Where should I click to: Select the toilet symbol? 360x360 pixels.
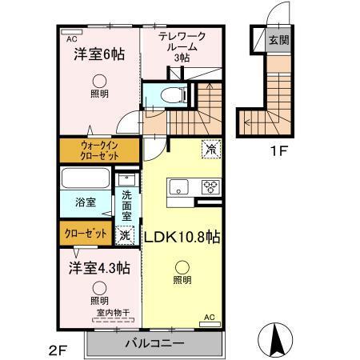point(171,94)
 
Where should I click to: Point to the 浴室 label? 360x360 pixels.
point(86,202)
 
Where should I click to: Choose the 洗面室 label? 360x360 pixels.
point(126,206)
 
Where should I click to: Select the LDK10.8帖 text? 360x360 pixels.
point(183,237)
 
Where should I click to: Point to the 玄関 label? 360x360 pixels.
point(278,40)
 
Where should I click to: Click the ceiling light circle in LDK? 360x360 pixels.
point(182,268)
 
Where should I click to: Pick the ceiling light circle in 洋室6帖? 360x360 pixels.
point(98,80)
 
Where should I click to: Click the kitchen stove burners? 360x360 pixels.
point(210,188)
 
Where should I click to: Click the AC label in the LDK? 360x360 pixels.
point(210,317)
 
